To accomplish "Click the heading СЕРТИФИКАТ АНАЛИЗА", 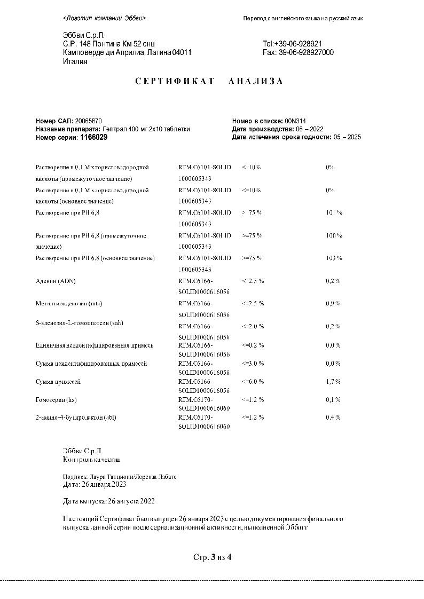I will click(209, 81).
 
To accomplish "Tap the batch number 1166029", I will click(93, 137).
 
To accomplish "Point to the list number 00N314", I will click(295, 121).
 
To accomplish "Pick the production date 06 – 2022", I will click(309, 129).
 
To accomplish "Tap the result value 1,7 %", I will click(333, 382).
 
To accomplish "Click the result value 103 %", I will click(334, 258).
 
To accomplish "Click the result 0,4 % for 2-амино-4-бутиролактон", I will click(333, 417).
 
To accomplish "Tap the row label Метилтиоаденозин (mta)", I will click(68, 304).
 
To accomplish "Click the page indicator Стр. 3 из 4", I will click(212, 557).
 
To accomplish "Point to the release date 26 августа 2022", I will click(131, 501).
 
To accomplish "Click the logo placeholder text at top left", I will click(104, 18).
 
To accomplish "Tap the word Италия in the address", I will click(75, 61).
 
